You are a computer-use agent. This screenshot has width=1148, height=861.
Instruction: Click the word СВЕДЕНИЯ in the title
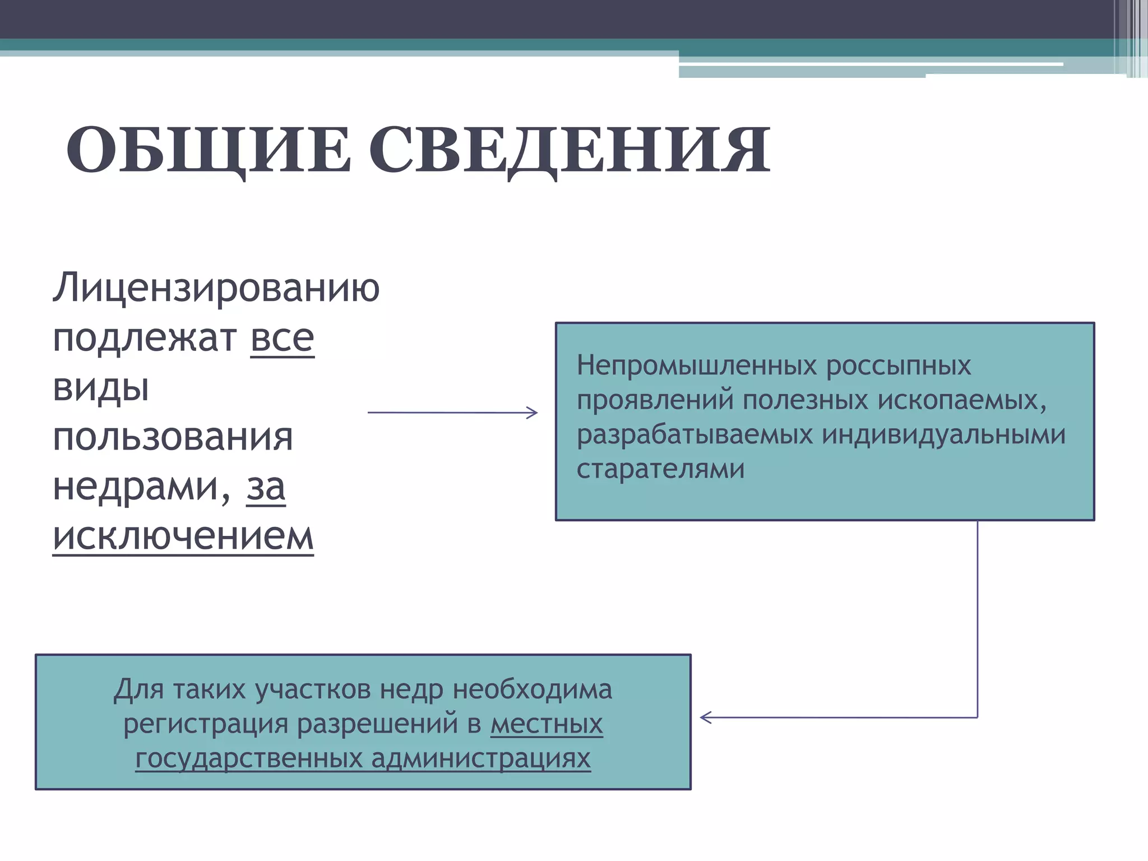pos(570,150)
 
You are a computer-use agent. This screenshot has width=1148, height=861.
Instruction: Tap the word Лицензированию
pos(216,288)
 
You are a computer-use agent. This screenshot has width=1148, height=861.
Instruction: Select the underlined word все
pos(282,338)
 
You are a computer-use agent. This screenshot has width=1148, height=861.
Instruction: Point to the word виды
pos(101,387)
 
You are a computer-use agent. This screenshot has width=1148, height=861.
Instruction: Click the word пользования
pos(173,437)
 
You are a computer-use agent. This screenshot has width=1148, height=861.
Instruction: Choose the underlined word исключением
pos(183,536)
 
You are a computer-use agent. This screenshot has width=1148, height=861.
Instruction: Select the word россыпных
pos(899,365)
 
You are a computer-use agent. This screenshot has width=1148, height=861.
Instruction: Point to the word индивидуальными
pos(944,434)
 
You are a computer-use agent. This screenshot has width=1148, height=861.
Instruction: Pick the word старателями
pos(660,469)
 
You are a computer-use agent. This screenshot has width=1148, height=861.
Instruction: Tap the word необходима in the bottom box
pos(533,689)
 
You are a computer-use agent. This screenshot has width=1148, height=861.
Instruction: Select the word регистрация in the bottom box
pos(206,724)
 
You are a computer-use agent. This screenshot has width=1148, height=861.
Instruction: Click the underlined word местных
pos(547,724)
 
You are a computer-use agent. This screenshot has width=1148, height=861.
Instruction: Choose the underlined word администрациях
pos(481,758)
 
